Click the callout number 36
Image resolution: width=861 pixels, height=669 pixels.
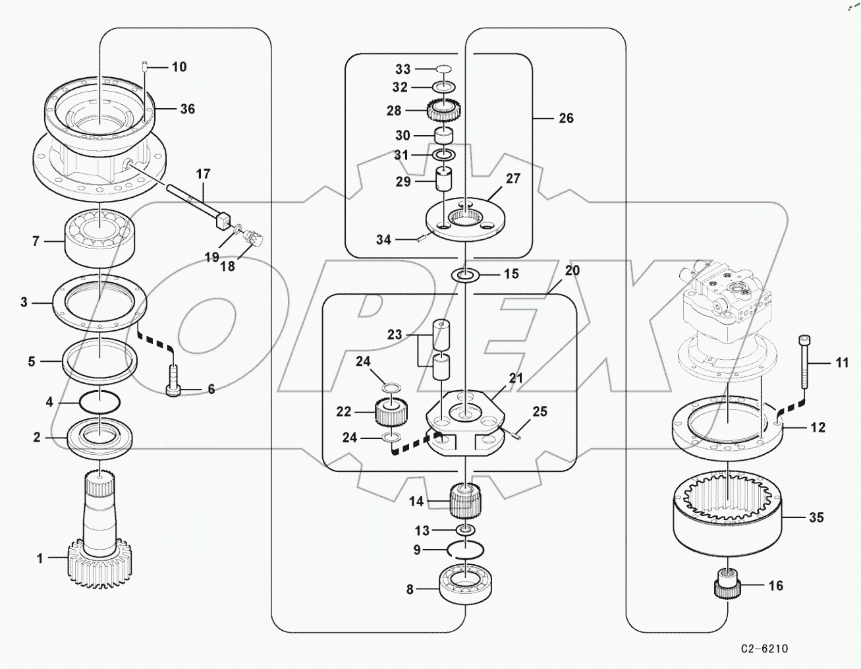[188, 109]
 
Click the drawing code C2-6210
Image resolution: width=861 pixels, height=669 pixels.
[764, 649]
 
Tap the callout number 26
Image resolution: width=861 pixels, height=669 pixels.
[566, 119]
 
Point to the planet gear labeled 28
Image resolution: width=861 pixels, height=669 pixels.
[444, 109]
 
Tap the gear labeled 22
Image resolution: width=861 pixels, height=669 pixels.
[390, 414]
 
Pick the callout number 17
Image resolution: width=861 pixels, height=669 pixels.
[203, 174]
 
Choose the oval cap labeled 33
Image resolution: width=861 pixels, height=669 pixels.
[444, 69]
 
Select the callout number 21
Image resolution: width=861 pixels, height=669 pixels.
[516, 378]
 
